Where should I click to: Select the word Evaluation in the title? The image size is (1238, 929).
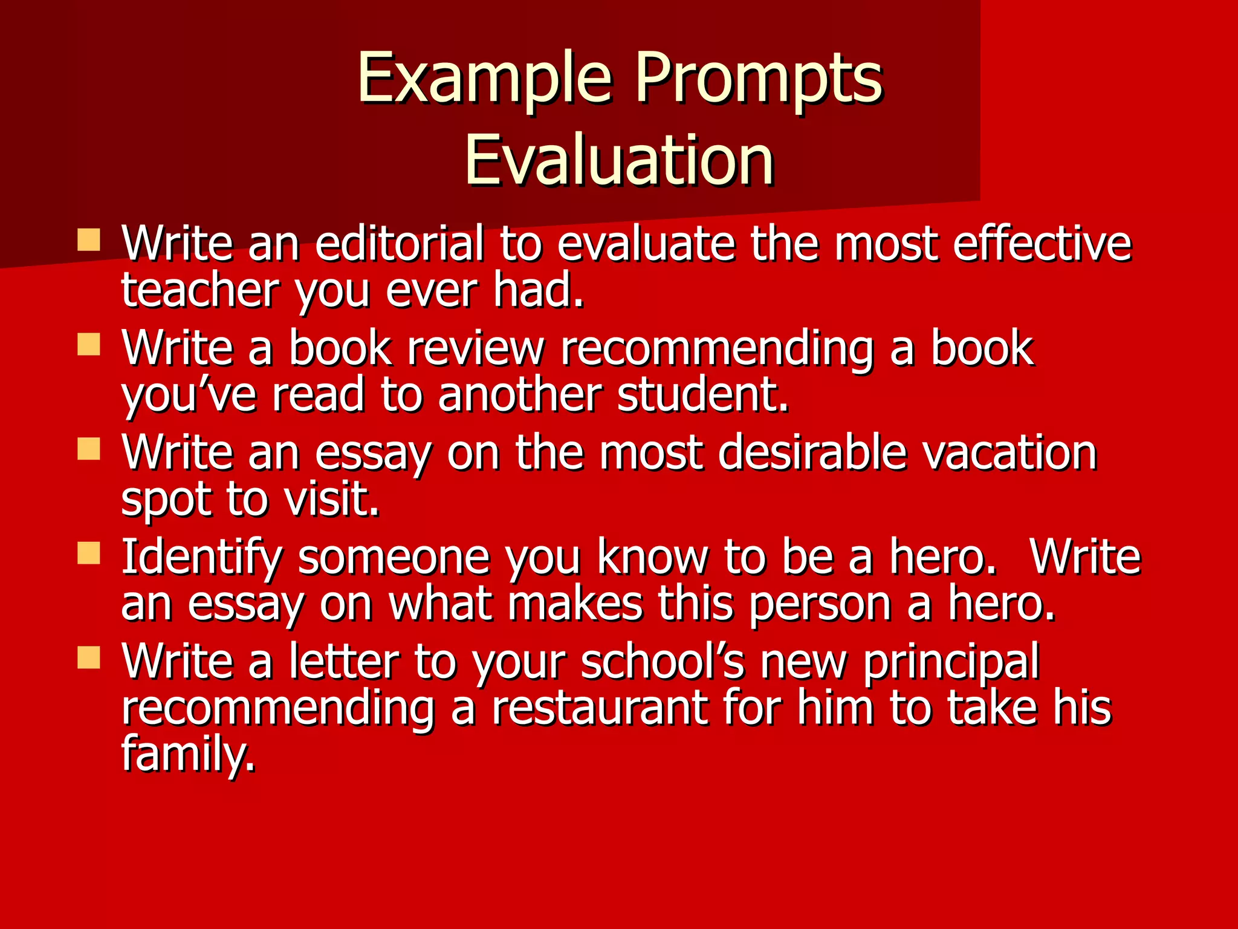tap(619, 160)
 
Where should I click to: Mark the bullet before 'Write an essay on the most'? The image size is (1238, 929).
tap(89, 449)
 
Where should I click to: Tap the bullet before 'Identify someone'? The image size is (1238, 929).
tap(89, 553)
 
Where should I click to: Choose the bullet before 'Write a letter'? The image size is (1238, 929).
tap(89, 657)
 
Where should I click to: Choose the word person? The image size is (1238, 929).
tap(820, 604)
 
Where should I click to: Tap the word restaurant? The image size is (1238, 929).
tap(599, 708)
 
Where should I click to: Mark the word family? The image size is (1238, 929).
tap(187, 754)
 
